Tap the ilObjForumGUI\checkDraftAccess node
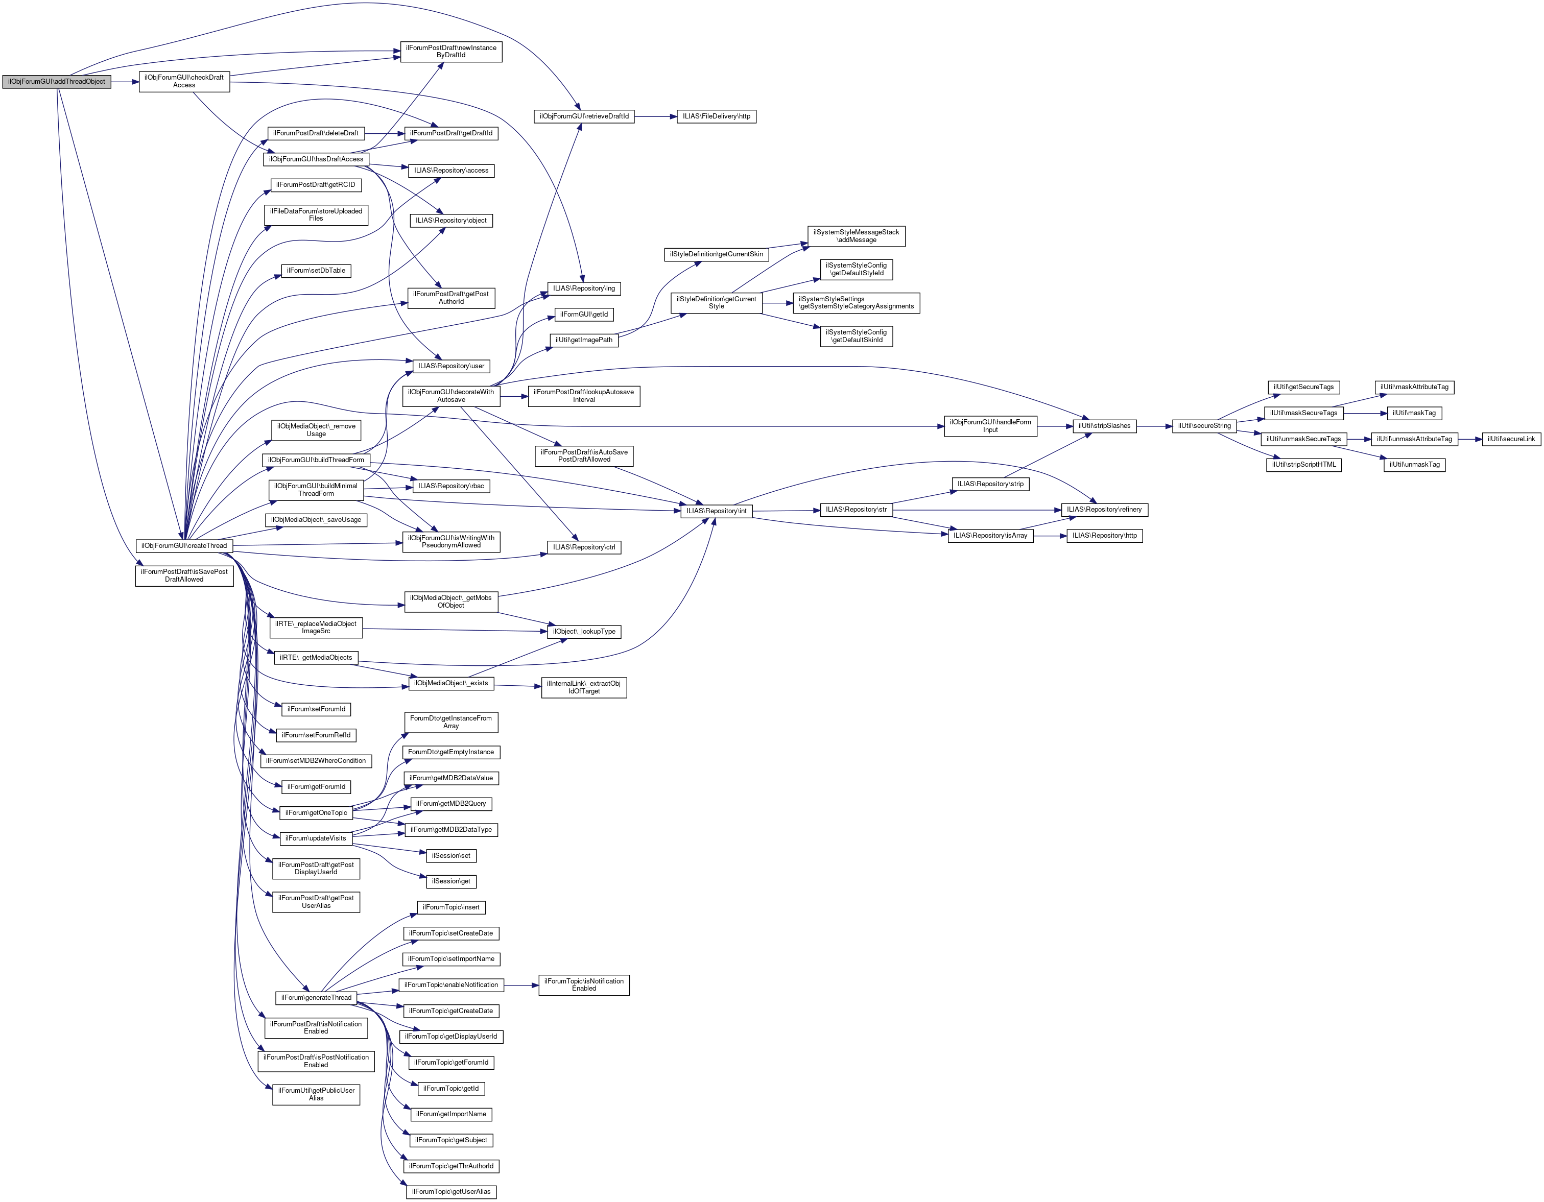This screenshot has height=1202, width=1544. point(184,81)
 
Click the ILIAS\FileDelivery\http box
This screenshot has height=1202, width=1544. point(716,116)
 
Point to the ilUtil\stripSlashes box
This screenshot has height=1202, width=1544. point(1104,426)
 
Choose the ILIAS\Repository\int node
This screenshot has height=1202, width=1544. point(716,511)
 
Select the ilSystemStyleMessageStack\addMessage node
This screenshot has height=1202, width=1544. point(856,236)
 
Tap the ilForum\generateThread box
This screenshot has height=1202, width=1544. point(316,998)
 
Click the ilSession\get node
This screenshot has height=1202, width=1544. point(451,882)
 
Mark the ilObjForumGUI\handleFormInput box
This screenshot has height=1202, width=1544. point(990,426)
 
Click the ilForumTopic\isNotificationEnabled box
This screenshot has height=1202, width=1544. point(584,985)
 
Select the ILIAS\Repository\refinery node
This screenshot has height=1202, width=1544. point(1104,510)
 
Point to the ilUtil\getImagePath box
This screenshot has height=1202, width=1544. point(584,341)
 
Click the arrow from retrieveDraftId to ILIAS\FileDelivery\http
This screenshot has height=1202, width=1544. point(655,116)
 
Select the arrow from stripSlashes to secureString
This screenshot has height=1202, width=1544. point(1154,426)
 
